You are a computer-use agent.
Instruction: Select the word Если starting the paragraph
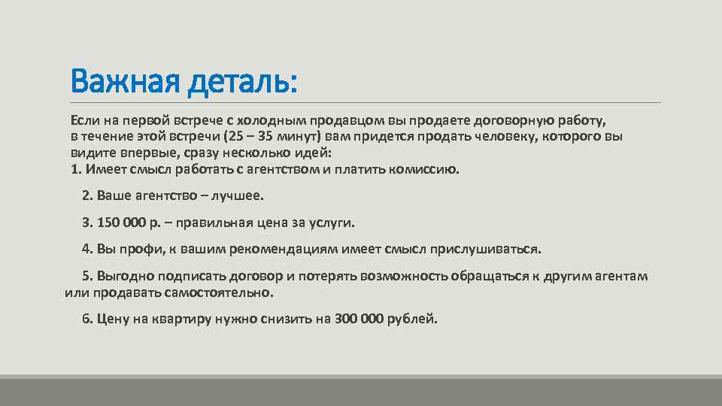pyautogui.click(x=83, y=120)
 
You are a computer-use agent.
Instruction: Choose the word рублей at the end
pyautogui.click(x=411, y=319)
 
